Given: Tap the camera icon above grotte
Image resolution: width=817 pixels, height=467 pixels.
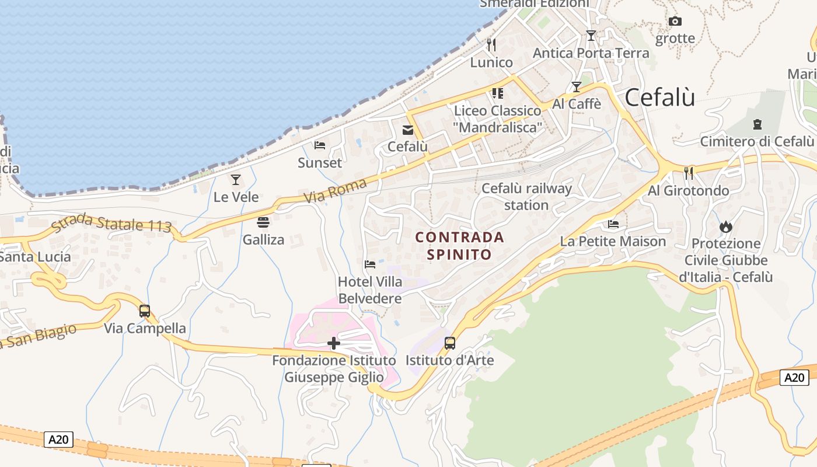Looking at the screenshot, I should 675,22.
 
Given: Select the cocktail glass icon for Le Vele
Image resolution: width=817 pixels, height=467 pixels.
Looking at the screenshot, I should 236,179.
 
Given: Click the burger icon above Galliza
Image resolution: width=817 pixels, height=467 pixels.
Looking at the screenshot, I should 263,222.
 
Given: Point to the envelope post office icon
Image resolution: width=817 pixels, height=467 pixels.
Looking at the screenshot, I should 407,130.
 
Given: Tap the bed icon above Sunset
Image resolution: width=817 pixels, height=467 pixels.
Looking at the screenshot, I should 320,145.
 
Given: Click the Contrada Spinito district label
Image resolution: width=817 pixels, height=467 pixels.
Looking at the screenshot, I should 459,246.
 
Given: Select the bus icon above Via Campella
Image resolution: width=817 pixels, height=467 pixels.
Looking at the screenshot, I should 145,311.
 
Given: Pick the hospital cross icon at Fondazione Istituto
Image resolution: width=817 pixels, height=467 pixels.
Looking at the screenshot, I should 334,343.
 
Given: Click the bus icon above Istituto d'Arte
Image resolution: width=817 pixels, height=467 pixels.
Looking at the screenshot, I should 449,343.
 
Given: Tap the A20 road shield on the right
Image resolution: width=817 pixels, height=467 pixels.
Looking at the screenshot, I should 794,378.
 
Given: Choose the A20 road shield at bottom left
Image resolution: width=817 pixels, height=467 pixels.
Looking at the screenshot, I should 59,440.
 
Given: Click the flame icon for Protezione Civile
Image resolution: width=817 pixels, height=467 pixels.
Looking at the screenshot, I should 726,226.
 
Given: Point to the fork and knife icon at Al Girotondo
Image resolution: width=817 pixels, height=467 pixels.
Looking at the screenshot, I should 689,172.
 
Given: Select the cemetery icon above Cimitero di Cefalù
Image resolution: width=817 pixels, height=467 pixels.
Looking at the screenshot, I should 757,124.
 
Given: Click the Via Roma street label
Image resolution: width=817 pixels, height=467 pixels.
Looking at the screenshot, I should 336,191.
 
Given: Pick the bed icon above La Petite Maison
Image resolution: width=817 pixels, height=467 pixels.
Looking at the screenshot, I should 613,224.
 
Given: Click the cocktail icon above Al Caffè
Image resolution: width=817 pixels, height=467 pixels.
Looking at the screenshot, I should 577,87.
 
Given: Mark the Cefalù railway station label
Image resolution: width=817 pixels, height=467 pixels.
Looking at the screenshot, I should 526,197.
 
